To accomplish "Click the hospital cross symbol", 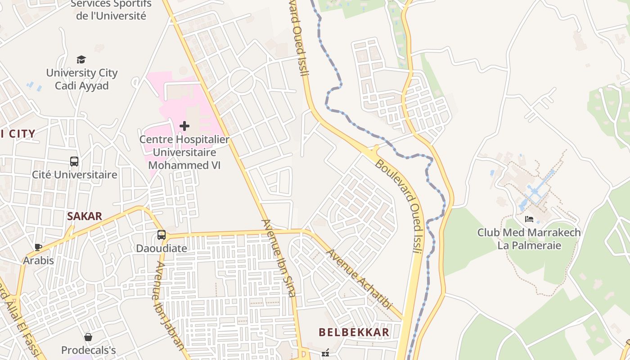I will [184, 126].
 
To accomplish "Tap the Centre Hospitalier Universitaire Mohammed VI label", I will [184, 152].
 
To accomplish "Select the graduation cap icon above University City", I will [81, 59].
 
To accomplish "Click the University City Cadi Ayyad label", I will [82, 79].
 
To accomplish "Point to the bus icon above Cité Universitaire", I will [74, 161].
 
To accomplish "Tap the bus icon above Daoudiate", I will [161, 234].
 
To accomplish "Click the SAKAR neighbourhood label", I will [85, 216].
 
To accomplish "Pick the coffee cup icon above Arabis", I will [38, 247].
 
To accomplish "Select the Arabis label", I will [39, 261].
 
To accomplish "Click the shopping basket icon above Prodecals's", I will [88, 337].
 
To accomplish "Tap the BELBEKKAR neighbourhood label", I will [354, 333].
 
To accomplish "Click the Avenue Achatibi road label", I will [359, 279].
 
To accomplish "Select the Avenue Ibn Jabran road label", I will [169, 305].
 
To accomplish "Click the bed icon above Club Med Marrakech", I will [529, 219].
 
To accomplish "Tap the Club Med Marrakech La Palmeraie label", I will [529, 239].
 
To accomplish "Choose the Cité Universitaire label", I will [75, 175].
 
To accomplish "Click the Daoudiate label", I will [162, 248].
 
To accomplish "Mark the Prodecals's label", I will [89, 350].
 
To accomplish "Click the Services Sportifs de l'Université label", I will [111, 10].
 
